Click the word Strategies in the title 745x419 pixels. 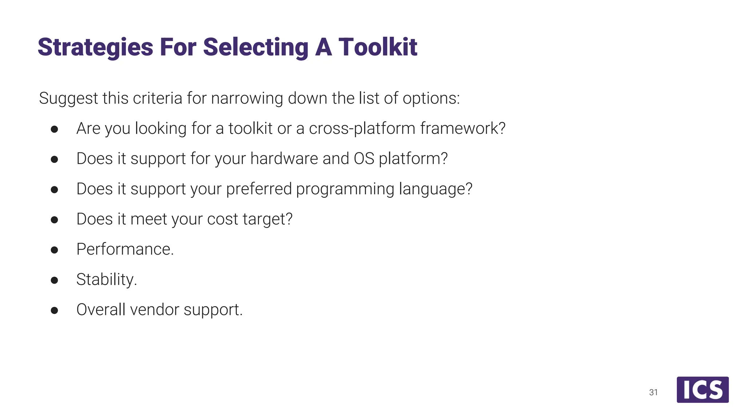pos(95,47)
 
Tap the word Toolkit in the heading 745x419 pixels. pos(378,47)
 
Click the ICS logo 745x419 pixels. pos(702,390)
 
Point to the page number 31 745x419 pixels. pos(653,392)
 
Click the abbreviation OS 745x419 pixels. pos(364,159)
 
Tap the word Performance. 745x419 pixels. pos(125,249)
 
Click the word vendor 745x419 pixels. pos(155,310)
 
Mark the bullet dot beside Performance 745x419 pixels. pos(55,250)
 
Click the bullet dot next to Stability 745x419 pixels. pos(55,280)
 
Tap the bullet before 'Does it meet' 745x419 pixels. pos(55,220)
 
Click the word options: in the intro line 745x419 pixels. pos(431,98)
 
